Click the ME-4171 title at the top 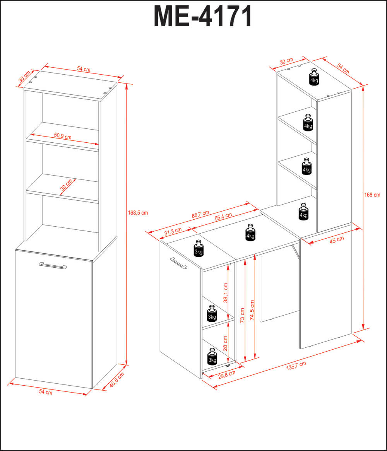tap(203, 16)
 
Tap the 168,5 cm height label tap(138, 213)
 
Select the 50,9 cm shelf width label tap(63, 136)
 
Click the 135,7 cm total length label tap(296, 366)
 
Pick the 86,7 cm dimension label tap(200, 215)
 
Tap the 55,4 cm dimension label tap(223, 217)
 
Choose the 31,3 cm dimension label tap(173, 232)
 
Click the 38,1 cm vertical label tap(226, 293)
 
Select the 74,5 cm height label tap(252, 310)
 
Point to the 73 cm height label tap(242, 315)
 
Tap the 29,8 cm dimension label tap(227, 374)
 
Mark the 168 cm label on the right tap(372, 195)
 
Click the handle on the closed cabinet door tap(53, 265)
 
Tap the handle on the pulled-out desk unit tap(179, 263)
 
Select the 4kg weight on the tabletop tap(250, 232)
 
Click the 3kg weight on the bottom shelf tap(212, 357)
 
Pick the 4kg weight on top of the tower tap(314, 77)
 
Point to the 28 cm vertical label tap(225, 343)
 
